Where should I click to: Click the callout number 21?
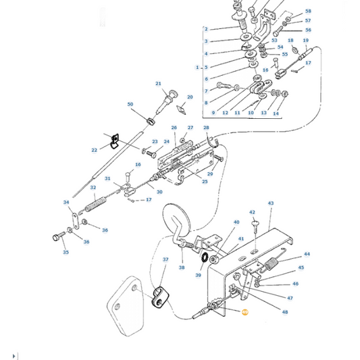click(159, 84)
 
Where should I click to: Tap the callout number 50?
click(130, 104)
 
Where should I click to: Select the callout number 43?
click(271, 203)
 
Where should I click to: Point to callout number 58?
click(308, 11)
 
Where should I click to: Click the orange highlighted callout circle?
click(245, 312)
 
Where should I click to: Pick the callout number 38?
click(182, 267)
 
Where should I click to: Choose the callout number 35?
click(66, 253)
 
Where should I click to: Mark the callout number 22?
click(94, 150)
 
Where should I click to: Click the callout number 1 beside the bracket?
click(197, 68)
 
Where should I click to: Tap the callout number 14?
click(276, 113)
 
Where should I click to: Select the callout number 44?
click(307, 254)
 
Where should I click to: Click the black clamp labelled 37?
click(159, 295)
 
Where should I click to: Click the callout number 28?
click(206, 128)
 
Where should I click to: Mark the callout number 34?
click(66, 202)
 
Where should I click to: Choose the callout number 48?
click(285, 312)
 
